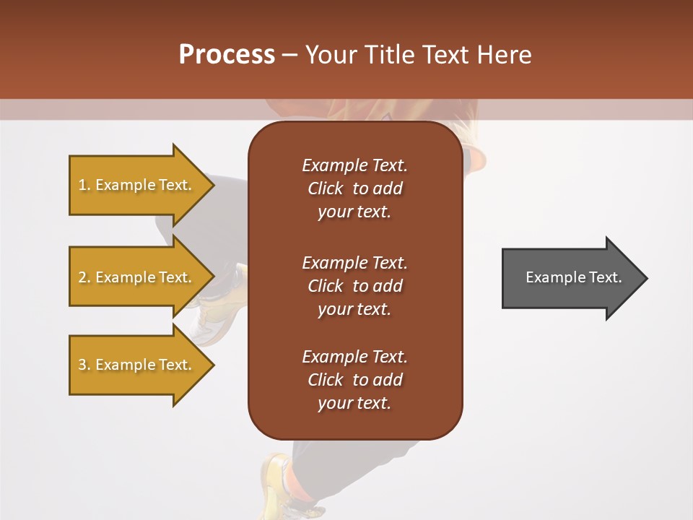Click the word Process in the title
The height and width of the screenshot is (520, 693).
(227, 55)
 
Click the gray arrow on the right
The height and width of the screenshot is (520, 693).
(570, 278)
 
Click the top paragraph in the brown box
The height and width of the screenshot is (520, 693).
(354, 188)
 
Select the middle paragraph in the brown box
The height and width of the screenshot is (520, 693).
(354, 286)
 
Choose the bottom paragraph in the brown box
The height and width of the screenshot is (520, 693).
(354, 380)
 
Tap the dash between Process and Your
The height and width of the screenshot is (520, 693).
(289, 56)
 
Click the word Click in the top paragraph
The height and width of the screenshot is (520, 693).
(325, 188)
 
